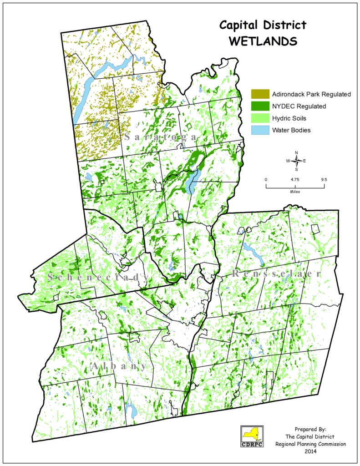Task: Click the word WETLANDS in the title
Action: pyautogui.click(x=263, y=41)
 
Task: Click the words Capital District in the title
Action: pyautogui.click(x=263, y=25)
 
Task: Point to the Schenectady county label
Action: pyautogui.click(x=98, y=278)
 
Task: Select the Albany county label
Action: pyautogui.click(x=118, y=366)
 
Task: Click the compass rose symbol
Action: pyautogui.click(x=296, y=161)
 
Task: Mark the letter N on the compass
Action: pyautogui.click(x=296, y=152)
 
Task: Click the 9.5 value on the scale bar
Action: pyautogui.click(x=324, y=179)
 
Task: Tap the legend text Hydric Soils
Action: pyautogui.click(x=289, y=118)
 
